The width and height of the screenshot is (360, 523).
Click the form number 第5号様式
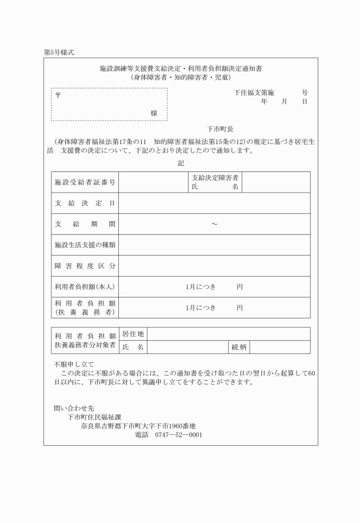tap(59, 52)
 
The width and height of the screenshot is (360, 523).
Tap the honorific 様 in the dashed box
tap(154, 113)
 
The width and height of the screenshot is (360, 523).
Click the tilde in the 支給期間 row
tap(214, 224)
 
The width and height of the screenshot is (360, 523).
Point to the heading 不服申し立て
tap(74, 364)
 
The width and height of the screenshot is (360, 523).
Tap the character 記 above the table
tap(181, 163)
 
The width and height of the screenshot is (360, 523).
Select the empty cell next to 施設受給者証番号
tap(153, 182)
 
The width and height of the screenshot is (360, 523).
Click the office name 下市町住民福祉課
tap(95, 417)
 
